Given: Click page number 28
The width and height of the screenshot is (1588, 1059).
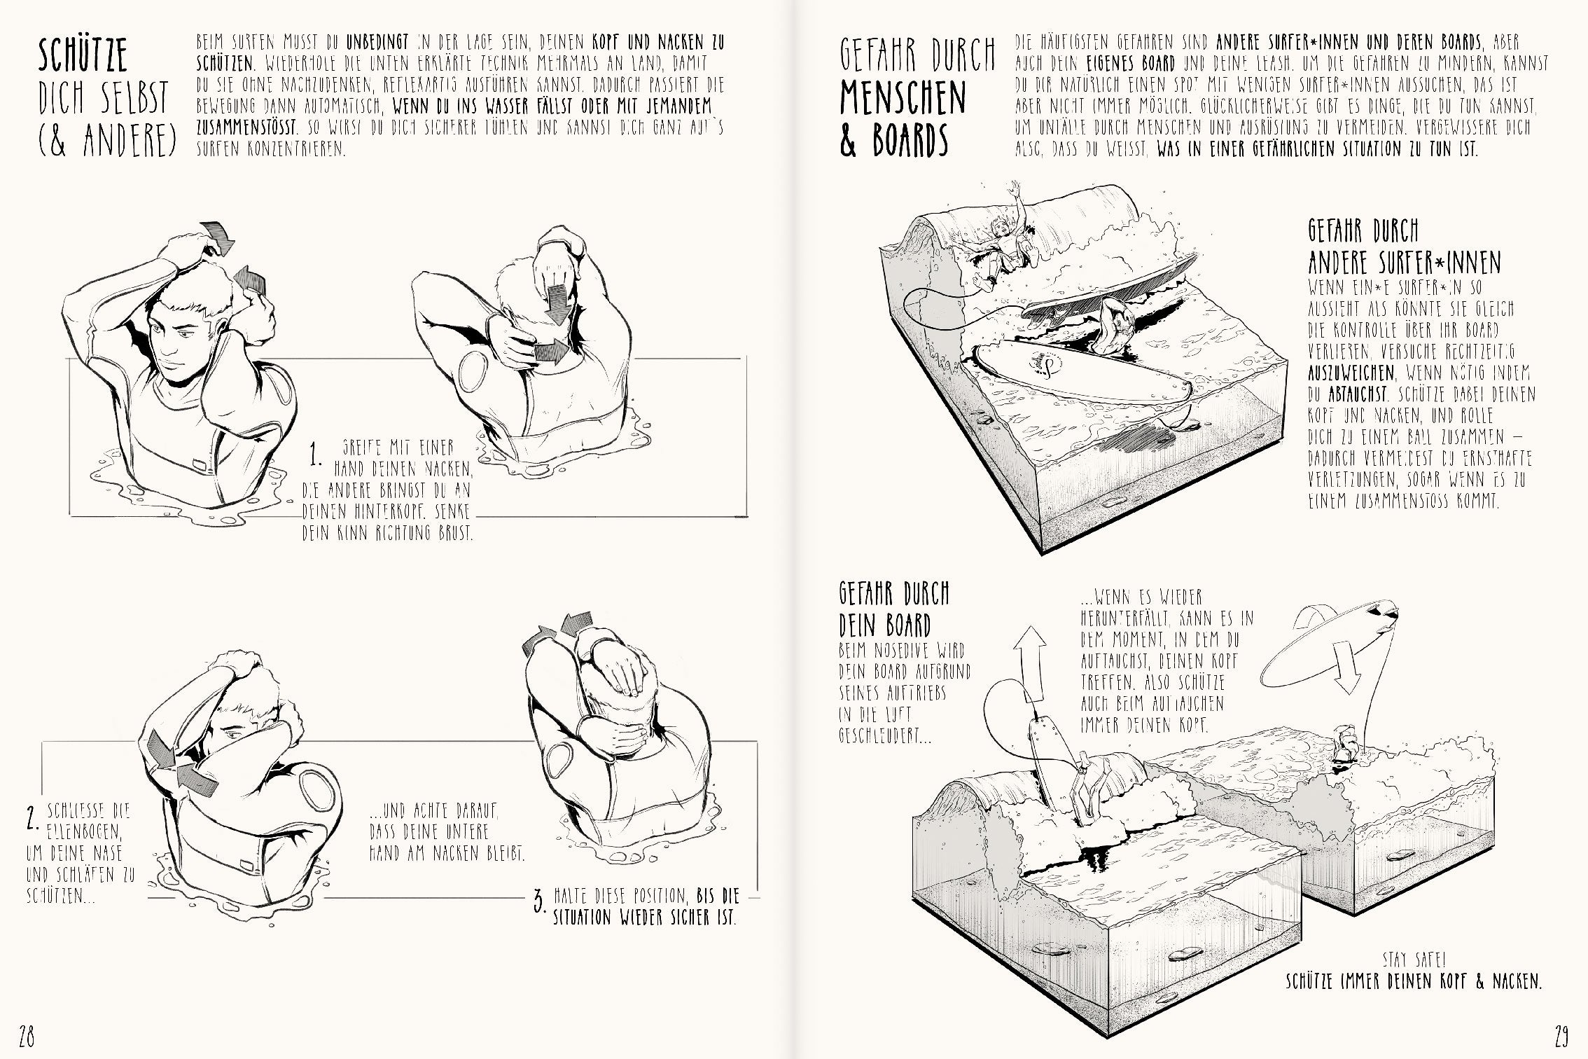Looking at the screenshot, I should pos(27,1034).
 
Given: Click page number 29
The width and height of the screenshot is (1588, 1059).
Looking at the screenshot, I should pos(1561,1034).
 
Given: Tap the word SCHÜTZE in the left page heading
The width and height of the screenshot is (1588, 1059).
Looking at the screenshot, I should pos(83,56).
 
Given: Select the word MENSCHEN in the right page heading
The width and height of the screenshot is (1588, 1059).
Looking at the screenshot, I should pos(903,98).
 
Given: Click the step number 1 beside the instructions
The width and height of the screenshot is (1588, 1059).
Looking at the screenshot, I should pos(316,455).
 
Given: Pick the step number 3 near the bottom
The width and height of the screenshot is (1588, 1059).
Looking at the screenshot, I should pos(538,901).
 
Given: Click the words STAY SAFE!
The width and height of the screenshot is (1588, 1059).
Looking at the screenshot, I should pos(1414,959).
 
